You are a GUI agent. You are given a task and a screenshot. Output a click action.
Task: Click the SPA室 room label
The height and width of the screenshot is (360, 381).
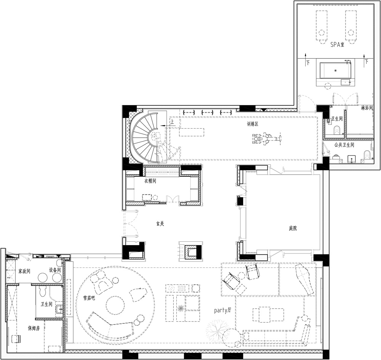pyautogui.click(x=337, y=45)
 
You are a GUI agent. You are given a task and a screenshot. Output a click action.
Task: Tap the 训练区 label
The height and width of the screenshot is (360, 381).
pyautogui.click(x=253, y=124)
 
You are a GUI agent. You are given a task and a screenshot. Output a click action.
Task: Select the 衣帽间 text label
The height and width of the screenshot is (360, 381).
pyautogui.click(x=150, y=181)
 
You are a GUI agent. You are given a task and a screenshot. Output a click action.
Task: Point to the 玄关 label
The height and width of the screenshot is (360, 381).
pyautogui.click(x=160, y=224)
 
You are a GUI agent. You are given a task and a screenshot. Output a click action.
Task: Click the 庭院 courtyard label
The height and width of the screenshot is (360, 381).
pyautogui.click(x=293, y=228)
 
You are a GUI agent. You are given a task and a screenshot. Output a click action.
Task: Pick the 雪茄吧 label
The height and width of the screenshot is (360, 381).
pyautogui.click(x=89, y=298)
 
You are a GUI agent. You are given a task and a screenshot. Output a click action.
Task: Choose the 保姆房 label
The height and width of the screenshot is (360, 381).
pyautogui.click(x=34, y=328)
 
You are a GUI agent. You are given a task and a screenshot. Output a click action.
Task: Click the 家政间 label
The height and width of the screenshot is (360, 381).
pyautogui.click(x=24, y=271)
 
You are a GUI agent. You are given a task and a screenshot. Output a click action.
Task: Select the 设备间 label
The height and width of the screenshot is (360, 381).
pyautogui.click(x=54, y=270)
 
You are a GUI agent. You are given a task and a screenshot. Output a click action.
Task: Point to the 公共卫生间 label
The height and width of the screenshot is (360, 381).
pyautogui.click(x=344, y=145)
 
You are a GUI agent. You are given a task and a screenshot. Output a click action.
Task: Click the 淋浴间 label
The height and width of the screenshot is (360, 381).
pyautogui.click(x=367, y=108)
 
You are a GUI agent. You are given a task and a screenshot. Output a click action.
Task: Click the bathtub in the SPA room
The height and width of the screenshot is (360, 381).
pyautogui.click(x=335, y=71)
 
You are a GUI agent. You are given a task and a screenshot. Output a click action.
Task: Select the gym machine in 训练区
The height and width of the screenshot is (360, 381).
pyautogui.click(x=267, y=139)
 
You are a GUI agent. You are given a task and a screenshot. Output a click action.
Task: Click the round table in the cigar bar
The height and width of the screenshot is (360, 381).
pyautogui.click(x=115, y=305)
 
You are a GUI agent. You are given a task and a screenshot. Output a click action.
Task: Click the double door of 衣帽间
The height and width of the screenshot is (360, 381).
pyautogui.click(x=173, y=199)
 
